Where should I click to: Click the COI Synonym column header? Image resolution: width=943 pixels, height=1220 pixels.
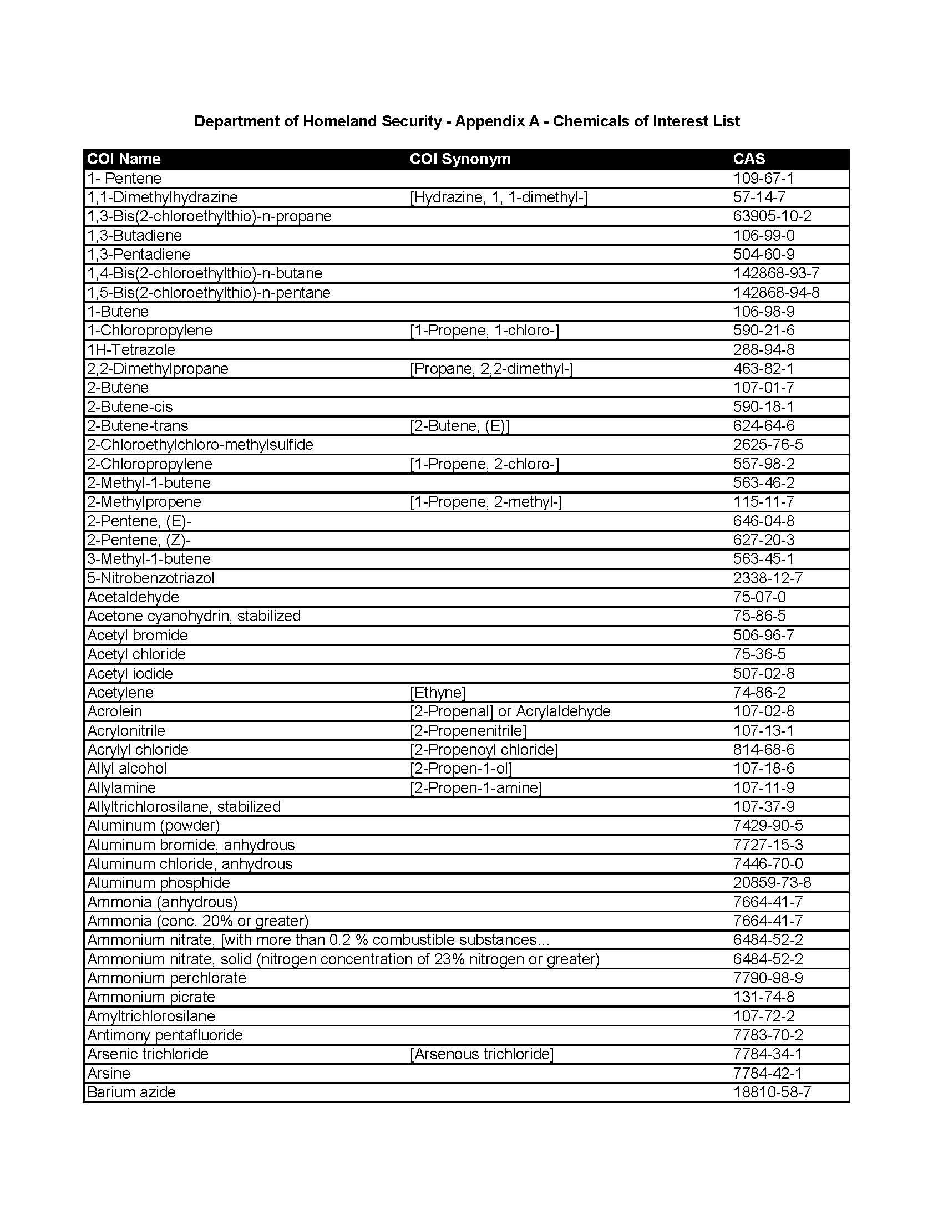[x=460, y=159]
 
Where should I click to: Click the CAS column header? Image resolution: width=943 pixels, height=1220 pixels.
[x=749, y=159]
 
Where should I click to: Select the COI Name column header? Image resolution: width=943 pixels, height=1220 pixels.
[x=124, y=159]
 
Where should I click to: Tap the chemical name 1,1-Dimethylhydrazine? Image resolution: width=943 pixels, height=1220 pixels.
[x=163, y=197]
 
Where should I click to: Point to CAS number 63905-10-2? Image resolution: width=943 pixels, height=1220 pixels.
[x=772, y=216]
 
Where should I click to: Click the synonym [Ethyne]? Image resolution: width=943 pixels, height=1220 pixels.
[x=438, y=693]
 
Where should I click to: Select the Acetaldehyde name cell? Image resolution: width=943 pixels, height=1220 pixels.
[x=133, y=597]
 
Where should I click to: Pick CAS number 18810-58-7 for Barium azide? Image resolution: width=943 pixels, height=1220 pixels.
[x=772, y=1092]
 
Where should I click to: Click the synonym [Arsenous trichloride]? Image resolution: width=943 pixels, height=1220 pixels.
[x=481, y=1054]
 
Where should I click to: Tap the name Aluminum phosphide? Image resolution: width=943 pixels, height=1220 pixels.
[x=159, y=883]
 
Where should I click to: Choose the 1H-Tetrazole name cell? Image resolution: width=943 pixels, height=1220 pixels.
[x=131, y=350]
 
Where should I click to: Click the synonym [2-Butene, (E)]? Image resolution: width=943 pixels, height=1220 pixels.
[x=459, y=426]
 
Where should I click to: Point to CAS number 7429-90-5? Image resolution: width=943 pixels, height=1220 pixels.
[x=768, y=826]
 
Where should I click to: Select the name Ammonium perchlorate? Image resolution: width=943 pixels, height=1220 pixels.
[x=166, y=978]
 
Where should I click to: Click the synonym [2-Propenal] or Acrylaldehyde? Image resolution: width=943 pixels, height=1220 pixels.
[x=510, y=711]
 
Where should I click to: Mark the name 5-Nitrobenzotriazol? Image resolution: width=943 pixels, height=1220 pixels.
[x=151, y=578]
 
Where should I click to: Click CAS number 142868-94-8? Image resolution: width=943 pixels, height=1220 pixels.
[x=776, y=293]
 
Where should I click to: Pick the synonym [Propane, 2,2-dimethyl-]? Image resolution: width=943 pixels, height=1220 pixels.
[x=491, y=369]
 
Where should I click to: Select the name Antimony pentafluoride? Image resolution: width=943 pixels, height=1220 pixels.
[x=165, y=1035]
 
